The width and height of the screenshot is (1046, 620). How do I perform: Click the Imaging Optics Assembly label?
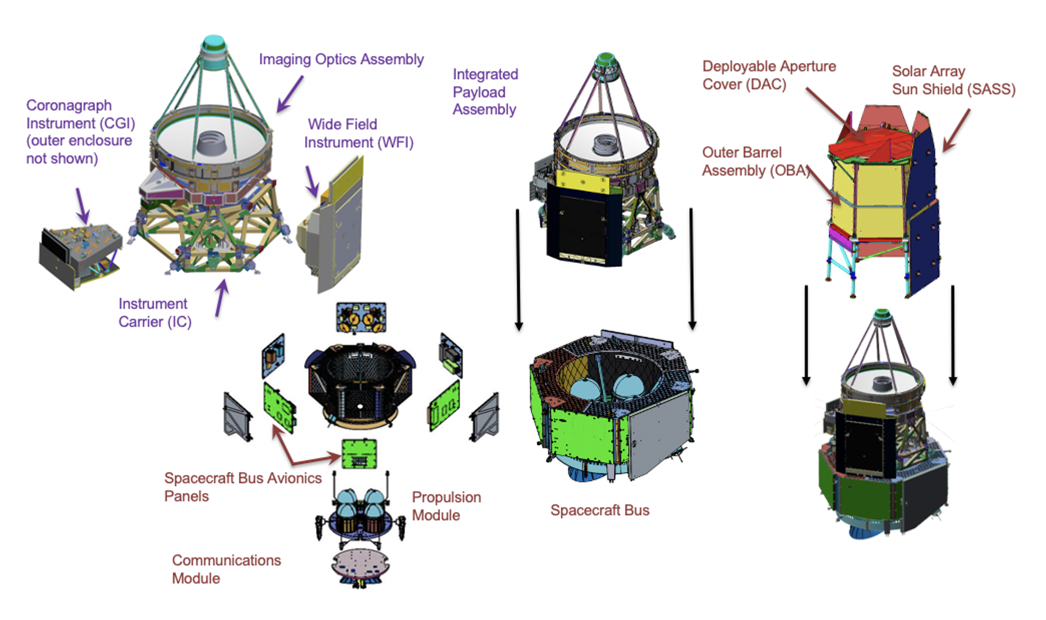click(341, 59)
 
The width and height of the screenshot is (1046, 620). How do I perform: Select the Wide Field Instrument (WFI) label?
click(358, 133)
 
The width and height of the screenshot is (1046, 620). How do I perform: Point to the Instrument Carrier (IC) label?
click(154, 313)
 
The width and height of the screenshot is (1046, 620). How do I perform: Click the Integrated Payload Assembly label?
click(485, 92)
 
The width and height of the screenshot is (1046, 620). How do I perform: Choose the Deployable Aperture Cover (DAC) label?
click(769, 75)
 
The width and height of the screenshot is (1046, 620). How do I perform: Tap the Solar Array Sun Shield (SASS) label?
click(953, 80)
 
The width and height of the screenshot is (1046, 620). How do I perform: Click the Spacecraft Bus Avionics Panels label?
click(242, 487)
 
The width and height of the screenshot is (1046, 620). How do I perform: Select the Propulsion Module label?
click(446, 506)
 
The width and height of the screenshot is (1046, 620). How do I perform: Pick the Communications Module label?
click(226, 569)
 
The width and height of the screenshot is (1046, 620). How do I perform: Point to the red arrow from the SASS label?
click(956, 130)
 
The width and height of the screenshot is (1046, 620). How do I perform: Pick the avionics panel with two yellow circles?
click(361, 317)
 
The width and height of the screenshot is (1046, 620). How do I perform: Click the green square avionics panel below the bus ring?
click(359, 454)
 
